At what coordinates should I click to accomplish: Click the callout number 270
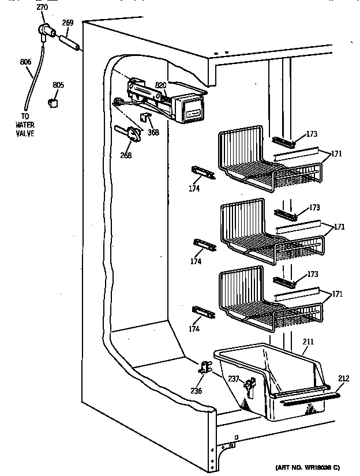coord(42,8)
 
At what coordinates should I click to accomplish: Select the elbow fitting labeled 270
coord(44,31)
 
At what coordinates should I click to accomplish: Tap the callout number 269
coord(67,23)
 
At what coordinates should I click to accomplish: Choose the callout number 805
coord(58,85)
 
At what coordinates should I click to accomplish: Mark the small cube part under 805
coord(54,102)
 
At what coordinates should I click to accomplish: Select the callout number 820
coord(161,85)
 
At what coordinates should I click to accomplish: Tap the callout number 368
coord(153,132)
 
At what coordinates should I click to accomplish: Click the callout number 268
coord(126,155)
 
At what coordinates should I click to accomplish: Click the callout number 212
coord(343,379)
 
